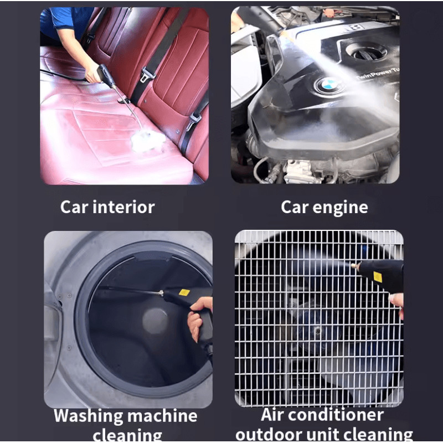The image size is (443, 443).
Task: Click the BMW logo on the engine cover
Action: tap(326, 85)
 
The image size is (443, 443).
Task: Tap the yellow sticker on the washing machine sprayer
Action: tap(184, 292)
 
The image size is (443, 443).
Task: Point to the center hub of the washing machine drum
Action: tap(155, 321)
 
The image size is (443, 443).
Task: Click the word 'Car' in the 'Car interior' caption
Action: tap(74, 207)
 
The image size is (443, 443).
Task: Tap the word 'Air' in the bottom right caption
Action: tap(275, 415)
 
